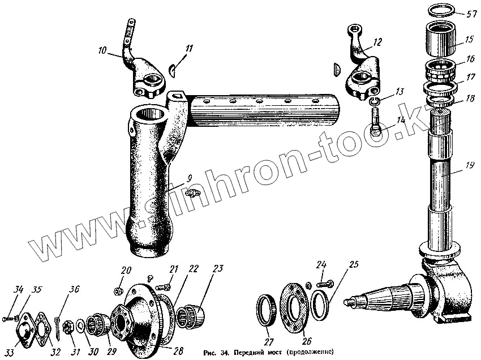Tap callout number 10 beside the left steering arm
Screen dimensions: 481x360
(x=102, y=50)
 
